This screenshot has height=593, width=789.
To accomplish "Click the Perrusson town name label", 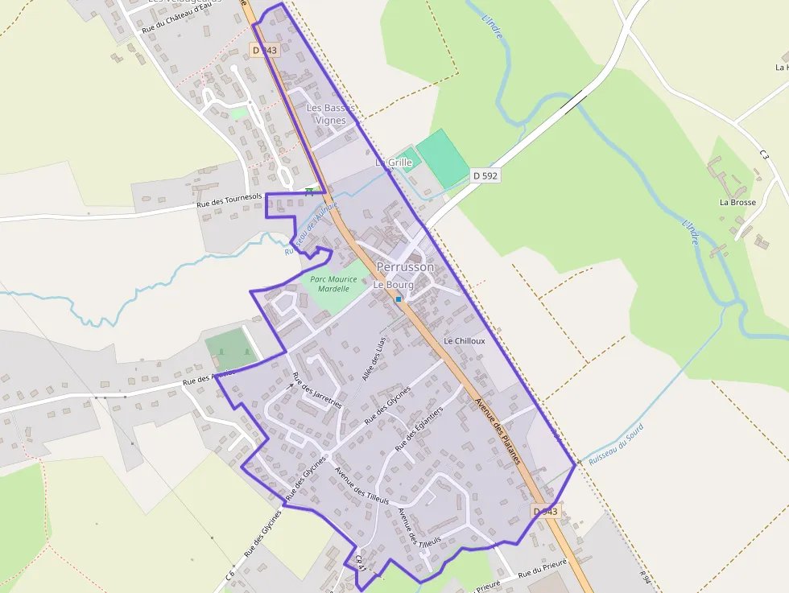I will coord(405,266).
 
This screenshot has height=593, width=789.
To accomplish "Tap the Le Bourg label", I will coord(394,285).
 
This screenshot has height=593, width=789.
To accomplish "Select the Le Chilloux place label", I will coord(465,341).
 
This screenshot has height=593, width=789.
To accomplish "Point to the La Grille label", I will coord(394,163).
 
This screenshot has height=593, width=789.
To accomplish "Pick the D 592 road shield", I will coord(485,175).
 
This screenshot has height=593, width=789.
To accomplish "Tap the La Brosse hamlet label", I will coord(737,202).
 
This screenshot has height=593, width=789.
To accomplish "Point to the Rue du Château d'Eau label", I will coord(181,17).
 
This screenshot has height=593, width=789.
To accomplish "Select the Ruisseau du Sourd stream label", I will coord(616,445).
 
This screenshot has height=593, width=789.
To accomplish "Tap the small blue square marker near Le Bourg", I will coord(399,299).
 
